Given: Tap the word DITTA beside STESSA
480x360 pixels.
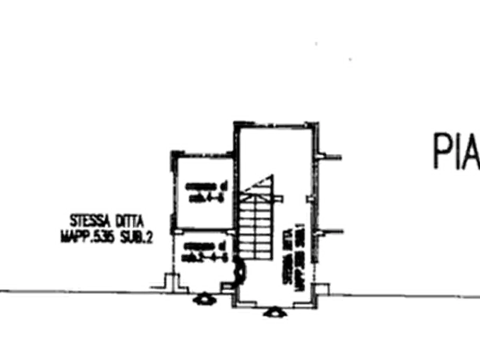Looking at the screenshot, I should tap(128, 221).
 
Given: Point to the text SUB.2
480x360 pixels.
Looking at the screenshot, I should tap(134, 235).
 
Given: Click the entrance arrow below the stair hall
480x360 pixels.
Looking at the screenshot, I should tap(273, 313).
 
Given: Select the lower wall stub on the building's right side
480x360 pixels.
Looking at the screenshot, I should tap(333, 232).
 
